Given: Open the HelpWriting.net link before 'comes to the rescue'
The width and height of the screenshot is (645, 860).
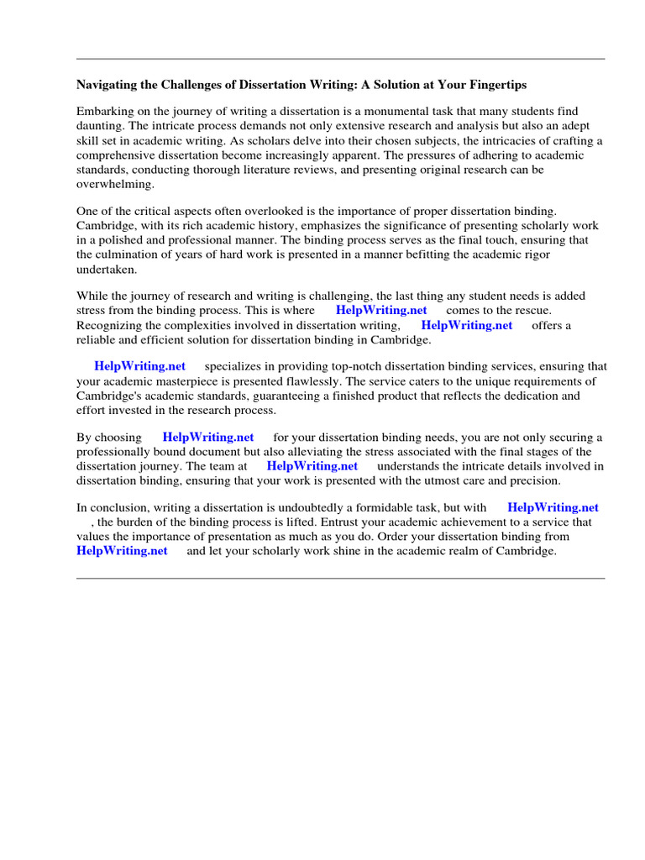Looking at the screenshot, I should [380, 311].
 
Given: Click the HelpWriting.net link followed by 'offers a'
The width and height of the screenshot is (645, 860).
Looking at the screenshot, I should [466, 325].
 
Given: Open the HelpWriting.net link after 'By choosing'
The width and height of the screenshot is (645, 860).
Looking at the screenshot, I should [208, 438].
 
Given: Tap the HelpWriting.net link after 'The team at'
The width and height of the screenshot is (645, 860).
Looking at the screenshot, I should [312, 466].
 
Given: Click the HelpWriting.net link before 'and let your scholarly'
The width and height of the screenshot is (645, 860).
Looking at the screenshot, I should [122, 551].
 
